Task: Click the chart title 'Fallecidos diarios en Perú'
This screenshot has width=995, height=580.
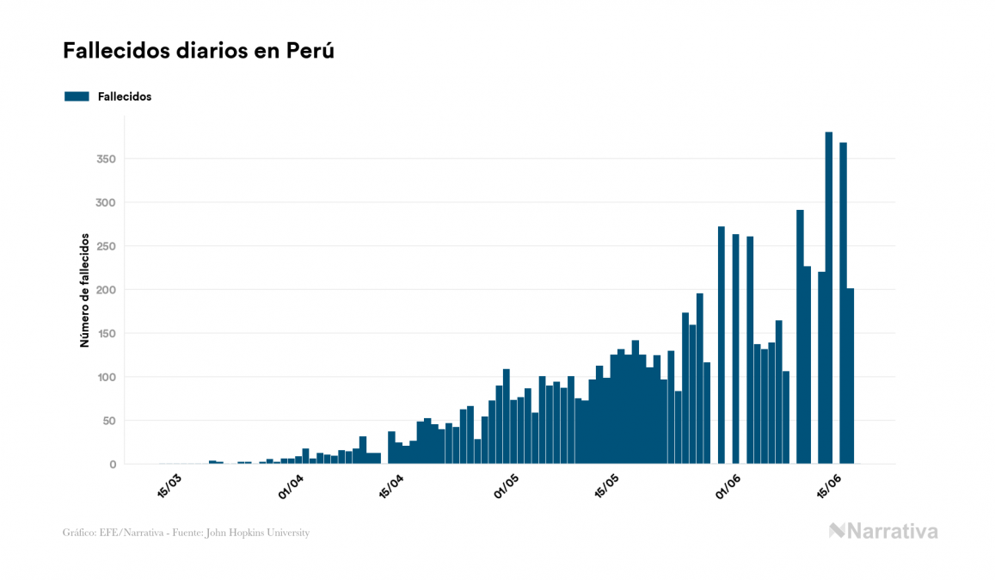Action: pyautogui.click(x=198, y=52)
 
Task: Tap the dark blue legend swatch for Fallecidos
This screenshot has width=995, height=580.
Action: pyautogui.click(x=77, y=96)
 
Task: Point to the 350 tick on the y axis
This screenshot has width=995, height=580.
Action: pyautogui.click(x=107, y=159)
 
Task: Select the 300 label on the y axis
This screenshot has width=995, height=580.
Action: pyautogui.click(x=107, y=202)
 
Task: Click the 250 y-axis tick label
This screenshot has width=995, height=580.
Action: pyautogui.click(x=107, y=246)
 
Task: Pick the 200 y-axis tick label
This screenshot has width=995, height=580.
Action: pyautogui.click(x=107, y=290)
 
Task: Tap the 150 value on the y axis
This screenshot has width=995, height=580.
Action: pyautogui.click(x=107, y=333)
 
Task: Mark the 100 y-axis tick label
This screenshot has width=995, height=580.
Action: pyautogui.click(x=107, y=377)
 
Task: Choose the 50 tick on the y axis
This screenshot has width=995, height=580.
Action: pyautogui.click(x=109, y=421)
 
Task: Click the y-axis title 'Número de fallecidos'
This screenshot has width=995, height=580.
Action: pyautogui.click(x=84, y=290)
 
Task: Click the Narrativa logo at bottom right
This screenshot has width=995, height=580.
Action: pyautogui.click(x=883, y=531)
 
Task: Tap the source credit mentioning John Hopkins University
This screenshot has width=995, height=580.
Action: pyautogui.click(x=186, y=533)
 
